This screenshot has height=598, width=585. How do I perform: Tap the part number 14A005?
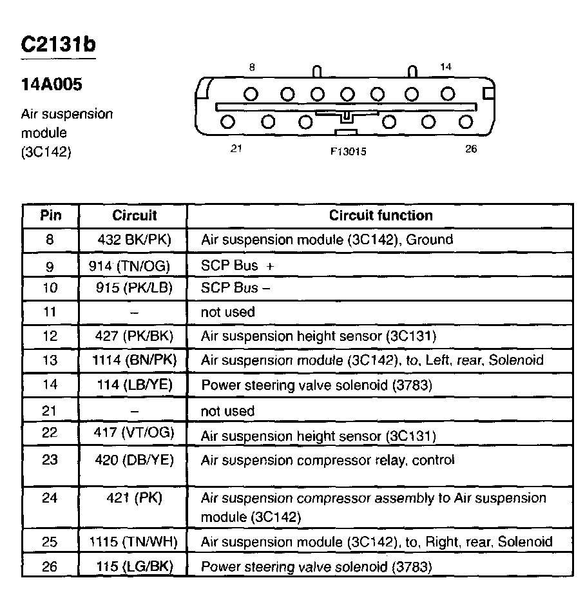tap(52, 85)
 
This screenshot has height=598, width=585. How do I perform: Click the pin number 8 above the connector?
tap(252, 67)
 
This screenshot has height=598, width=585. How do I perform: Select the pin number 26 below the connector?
tap(470, 149)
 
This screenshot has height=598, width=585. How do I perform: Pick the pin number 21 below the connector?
tap(236, 149)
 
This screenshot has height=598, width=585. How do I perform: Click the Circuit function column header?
tap(381, 215)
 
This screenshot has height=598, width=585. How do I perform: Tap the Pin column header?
tap(51, 215)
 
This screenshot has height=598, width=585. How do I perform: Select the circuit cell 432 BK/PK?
tap(134, 240)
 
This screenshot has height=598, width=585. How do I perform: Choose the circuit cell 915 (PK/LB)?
tap(134, 287)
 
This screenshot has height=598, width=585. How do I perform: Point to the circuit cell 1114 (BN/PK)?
tap(134, 360)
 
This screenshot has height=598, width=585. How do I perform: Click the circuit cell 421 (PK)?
tap(134, 498)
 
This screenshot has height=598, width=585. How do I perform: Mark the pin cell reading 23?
tap(50, 460)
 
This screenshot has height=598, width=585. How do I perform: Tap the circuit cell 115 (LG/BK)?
tap(134, 566)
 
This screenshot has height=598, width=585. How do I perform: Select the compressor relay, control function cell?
tap(327, 460)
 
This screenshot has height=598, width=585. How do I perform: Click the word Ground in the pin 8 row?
tap(430, 240)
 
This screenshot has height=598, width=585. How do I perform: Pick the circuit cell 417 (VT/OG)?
tap(134, 433)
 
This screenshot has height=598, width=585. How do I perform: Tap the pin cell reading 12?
tap(50, 336)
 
